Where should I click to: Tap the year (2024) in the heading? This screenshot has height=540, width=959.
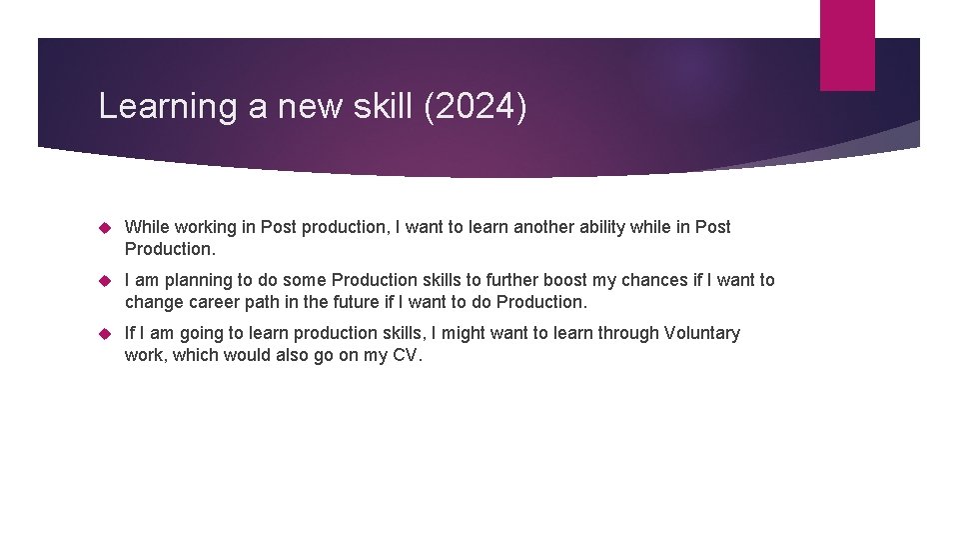tap(476, 106)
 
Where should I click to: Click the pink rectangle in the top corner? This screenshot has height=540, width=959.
tap(847, 44)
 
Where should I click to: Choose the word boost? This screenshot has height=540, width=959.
tap(565, 280)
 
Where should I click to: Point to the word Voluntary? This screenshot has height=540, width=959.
tap(697, 333)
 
